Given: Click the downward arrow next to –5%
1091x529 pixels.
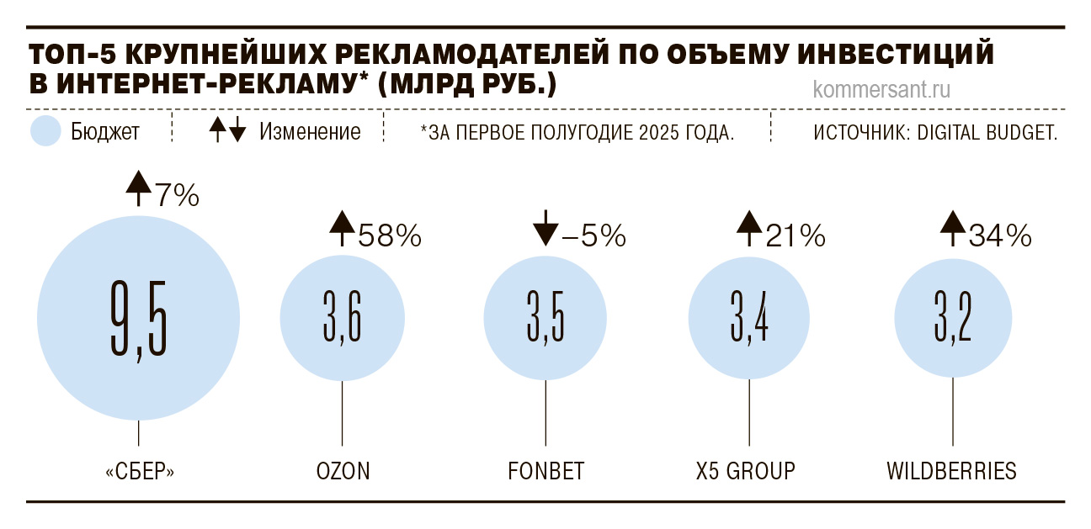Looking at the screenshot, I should point(545,229).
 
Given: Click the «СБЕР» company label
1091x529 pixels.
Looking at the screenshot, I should point(140,470).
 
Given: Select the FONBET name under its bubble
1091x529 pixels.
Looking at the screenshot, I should point(545,470).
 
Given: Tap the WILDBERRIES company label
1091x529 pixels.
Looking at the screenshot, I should point(952,470).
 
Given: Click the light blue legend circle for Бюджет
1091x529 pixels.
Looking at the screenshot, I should point(45,131).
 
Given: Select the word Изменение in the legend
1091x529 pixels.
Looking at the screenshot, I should point(310,132).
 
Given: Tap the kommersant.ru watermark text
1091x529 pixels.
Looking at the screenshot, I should point(881,90).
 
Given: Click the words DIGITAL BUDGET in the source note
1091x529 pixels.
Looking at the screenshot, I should point(989,132).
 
